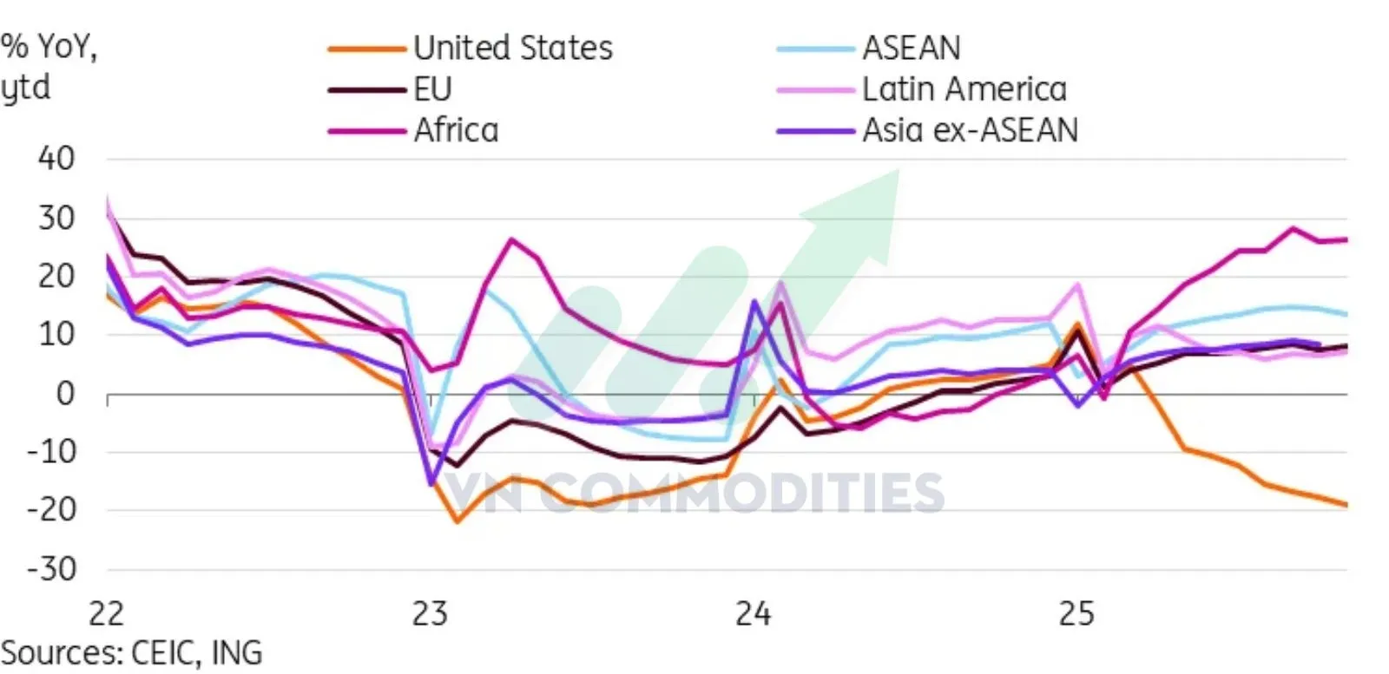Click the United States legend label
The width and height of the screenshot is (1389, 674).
click(512, 48)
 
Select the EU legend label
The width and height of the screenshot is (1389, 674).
click(432, 89)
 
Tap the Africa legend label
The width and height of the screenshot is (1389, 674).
click(456, 130)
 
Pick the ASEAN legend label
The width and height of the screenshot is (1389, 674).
click(911, 48)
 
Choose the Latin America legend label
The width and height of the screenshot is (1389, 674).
click(964, 89)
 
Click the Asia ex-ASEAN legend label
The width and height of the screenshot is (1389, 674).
click(970, 130)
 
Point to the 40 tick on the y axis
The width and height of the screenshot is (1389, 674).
click(56, 159)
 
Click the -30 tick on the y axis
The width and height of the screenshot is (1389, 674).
click(51, 569)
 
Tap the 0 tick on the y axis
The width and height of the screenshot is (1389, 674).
click(65, 394)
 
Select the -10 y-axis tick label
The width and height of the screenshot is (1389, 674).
click(51, 452)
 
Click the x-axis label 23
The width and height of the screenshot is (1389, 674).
click(430, 614)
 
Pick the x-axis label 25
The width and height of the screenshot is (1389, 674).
click(1076, 614)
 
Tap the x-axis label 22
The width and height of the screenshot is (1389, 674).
click(107, 614)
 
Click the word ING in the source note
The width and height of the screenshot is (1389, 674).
click(236, 652)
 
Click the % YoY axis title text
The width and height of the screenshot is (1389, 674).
click(49, 47)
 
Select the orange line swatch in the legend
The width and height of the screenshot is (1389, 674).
click(366, 49)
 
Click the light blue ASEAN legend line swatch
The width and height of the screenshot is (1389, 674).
click(815, 49)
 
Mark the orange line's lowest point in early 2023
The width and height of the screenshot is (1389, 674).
click(457, 521)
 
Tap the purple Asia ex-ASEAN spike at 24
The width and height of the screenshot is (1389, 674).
click(754, 301)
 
